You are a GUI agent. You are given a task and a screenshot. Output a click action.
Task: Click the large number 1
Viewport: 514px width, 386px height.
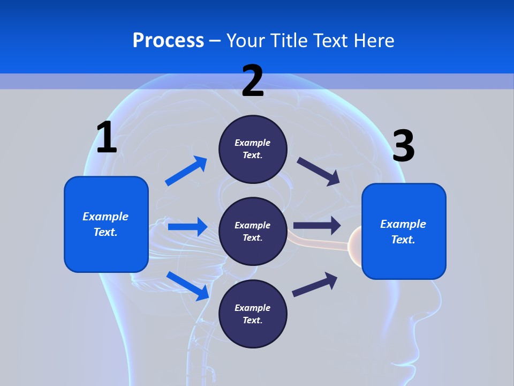tap(107, 137)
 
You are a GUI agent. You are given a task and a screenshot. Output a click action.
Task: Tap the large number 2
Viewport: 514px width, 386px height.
tap(253, 81)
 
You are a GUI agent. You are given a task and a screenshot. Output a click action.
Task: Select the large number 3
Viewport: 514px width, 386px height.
tap(404, 146)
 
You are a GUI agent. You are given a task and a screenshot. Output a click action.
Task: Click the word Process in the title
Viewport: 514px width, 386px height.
tap(168, 40)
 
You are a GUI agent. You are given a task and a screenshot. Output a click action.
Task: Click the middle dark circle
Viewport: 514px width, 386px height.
tap(253, 231)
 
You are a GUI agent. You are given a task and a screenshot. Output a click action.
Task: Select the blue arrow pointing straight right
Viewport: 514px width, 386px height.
tap(187, 227)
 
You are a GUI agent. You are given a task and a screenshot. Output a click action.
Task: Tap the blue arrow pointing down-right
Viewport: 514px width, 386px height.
tap(188, 285)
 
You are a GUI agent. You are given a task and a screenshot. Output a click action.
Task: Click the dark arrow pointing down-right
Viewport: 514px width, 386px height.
tap(319, 171)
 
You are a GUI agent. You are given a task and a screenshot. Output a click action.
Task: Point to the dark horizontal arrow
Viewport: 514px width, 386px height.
tap(317, 226)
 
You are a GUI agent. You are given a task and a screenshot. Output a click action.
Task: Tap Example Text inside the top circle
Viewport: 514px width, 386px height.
tap(253, 149)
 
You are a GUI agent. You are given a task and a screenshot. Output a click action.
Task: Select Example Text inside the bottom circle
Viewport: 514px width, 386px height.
tap(253, 314)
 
